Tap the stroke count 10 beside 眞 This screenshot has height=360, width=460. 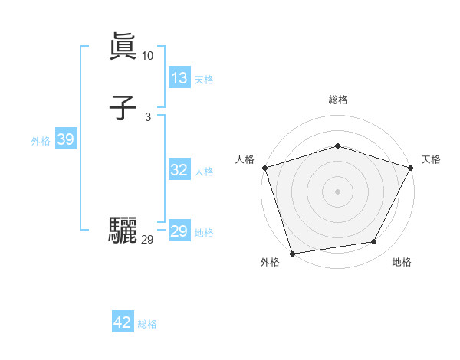147,56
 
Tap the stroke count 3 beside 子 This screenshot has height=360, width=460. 147,117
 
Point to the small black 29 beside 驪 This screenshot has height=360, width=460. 147,240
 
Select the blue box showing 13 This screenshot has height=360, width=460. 179,78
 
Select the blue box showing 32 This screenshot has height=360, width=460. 179,170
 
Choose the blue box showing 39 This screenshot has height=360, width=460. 65,139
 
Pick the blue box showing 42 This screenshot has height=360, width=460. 123,322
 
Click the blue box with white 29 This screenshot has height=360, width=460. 179,231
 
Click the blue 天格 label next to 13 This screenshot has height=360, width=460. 204,80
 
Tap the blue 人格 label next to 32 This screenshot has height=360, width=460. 204,172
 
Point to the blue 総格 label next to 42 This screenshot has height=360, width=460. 147,324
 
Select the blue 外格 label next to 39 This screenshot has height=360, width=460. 41,141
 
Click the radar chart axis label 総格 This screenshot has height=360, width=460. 337,100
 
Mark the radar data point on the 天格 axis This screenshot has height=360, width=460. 411,167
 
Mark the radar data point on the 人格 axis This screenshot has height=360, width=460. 264,167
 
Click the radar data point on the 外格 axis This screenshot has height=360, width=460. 292,253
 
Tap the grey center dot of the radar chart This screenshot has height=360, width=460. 337,191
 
